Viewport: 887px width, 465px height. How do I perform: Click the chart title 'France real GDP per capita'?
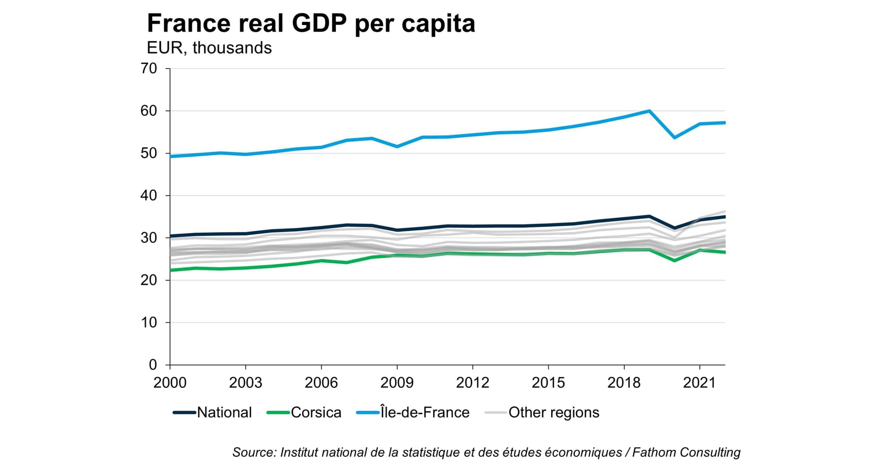click(x=311, y=24)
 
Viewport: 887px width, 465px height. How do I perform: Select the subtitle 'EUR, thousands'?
click(x=209, y=48)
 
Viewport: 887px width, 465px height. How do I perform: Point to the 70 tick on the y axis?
click(x=149, y=69)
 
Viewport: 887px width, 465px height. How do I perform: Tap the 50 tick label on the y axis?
click(x=149, y=153)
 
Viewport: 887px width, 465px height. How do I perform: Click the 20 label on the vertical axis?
click(x=149, y=280)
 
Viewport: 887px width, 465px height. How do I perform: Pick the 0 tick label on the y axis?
click(x=153, y=365)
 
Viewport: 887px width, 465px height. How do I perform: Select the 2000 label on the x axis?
click(x=170, y=383)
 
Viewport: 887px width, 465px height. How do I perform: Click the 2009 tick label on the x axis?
click(x=397, y=383)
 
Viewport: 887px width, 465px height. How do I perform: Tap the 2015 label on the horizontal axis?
click(x=548, y=383)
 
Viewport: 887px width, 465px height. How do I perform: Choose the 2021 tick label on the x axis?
click(x=700, y=383)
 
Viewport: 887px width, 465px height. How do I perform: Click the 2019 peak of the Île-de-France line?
click(x=649, y=111)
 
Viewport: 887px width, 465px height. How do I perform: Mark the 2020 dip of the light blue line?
click(x=674, y=138)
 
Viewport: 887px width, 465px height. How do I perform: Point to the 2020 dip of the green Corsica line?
click(x=674, y=260)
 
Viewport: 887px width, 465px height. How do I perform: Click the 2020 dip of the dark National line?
click(x=674, y=228)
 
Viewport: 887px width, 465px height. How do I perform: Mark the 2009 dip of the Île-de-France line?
click(x=397, y=147)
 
